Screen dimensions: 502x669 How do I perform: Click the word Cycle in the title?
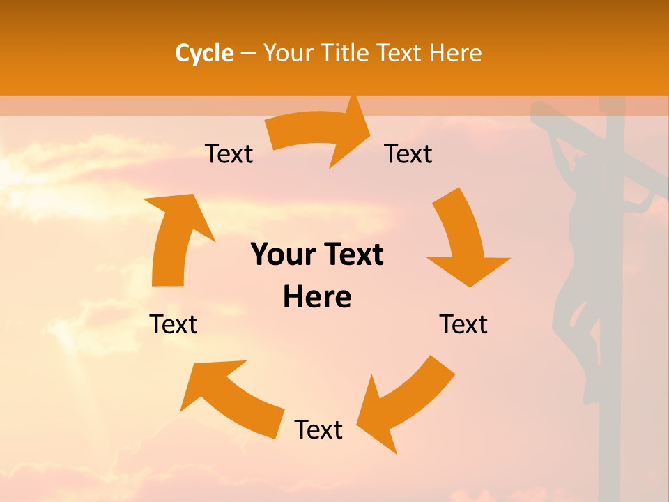coord(204,53)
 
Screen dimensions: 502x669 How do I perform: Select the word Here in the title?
coord(455,53)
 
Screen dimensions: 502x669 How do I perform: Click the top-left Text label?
coord(229,153)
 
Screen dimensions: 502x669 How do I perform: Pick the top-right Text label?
coord(408,153)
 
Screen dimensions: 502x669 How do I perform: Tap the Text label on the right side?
coord(463,324)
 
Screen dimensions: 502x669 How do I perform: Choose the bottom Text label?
coord(318,429)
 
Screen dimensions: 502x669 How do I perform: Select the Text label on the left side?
coord(174,324)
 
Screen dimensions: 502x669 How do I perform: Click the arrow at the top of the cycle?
coord(318,135)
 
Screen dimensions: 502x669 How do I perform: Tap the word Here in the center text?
coord(317,297)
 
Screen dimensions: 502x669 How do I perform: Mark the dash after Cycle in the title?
coord(248,53)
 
